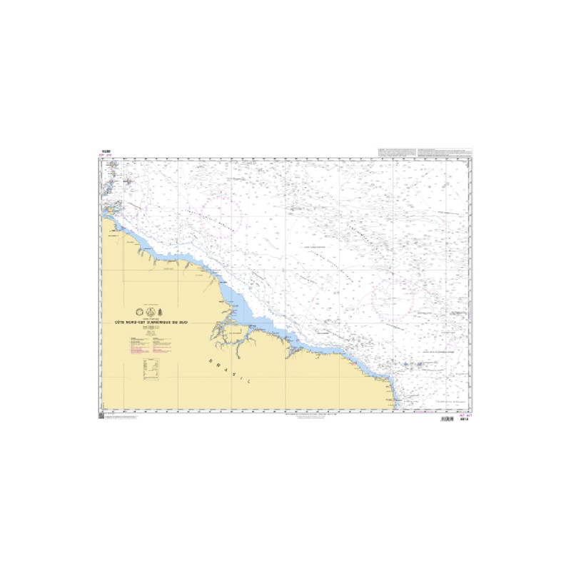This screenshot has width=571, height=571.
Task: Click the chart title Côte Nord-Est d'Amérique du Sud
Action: click(151, 322)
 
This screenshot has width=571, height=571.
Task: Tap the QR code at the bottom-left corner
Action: click(101, 416)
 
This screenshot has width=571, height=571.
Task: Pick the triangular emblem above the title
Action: click(150, 311)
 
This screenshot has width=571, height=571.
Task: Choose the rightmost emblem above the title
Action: click(160, 311)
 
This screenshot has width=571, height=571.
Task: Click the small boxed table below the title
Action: click(147, 366)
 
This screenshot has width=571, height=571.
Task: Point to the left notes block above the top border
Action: click(395, 152)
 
